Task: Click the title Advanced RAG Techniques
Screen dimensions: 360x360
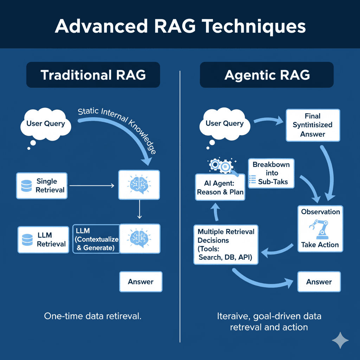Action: (x=180, y=27)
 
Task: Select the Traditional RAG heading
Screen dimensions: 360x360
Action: (x=93, y=75)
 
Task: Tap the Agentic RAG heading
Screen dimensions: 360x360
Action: (x=267, y=75)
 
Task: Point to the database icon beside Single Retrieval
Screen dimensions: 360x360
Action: (x=26, y=185)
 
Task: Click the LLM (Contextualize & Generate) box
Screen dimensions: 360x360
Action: (x=96, y=239)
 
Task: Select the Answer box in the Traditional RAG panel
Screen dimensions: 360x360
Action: (x=141, y=282)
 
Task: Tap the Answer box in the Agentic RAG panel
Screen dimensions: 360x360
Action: (x=319, y=282)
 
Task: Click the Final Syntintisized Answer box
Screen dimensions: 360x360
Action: (x=313, y=125)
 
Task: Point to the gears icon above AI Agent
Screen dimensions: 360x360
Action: (x=220, y=165)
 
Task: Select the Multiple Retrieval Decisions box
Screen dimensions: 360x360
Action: (x=226, y=245)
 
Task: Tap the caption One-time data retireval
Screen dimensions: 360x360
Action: (x=92, y=316)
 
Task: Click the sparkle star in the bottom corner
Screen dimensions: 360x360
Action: (x=340, y=340)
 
